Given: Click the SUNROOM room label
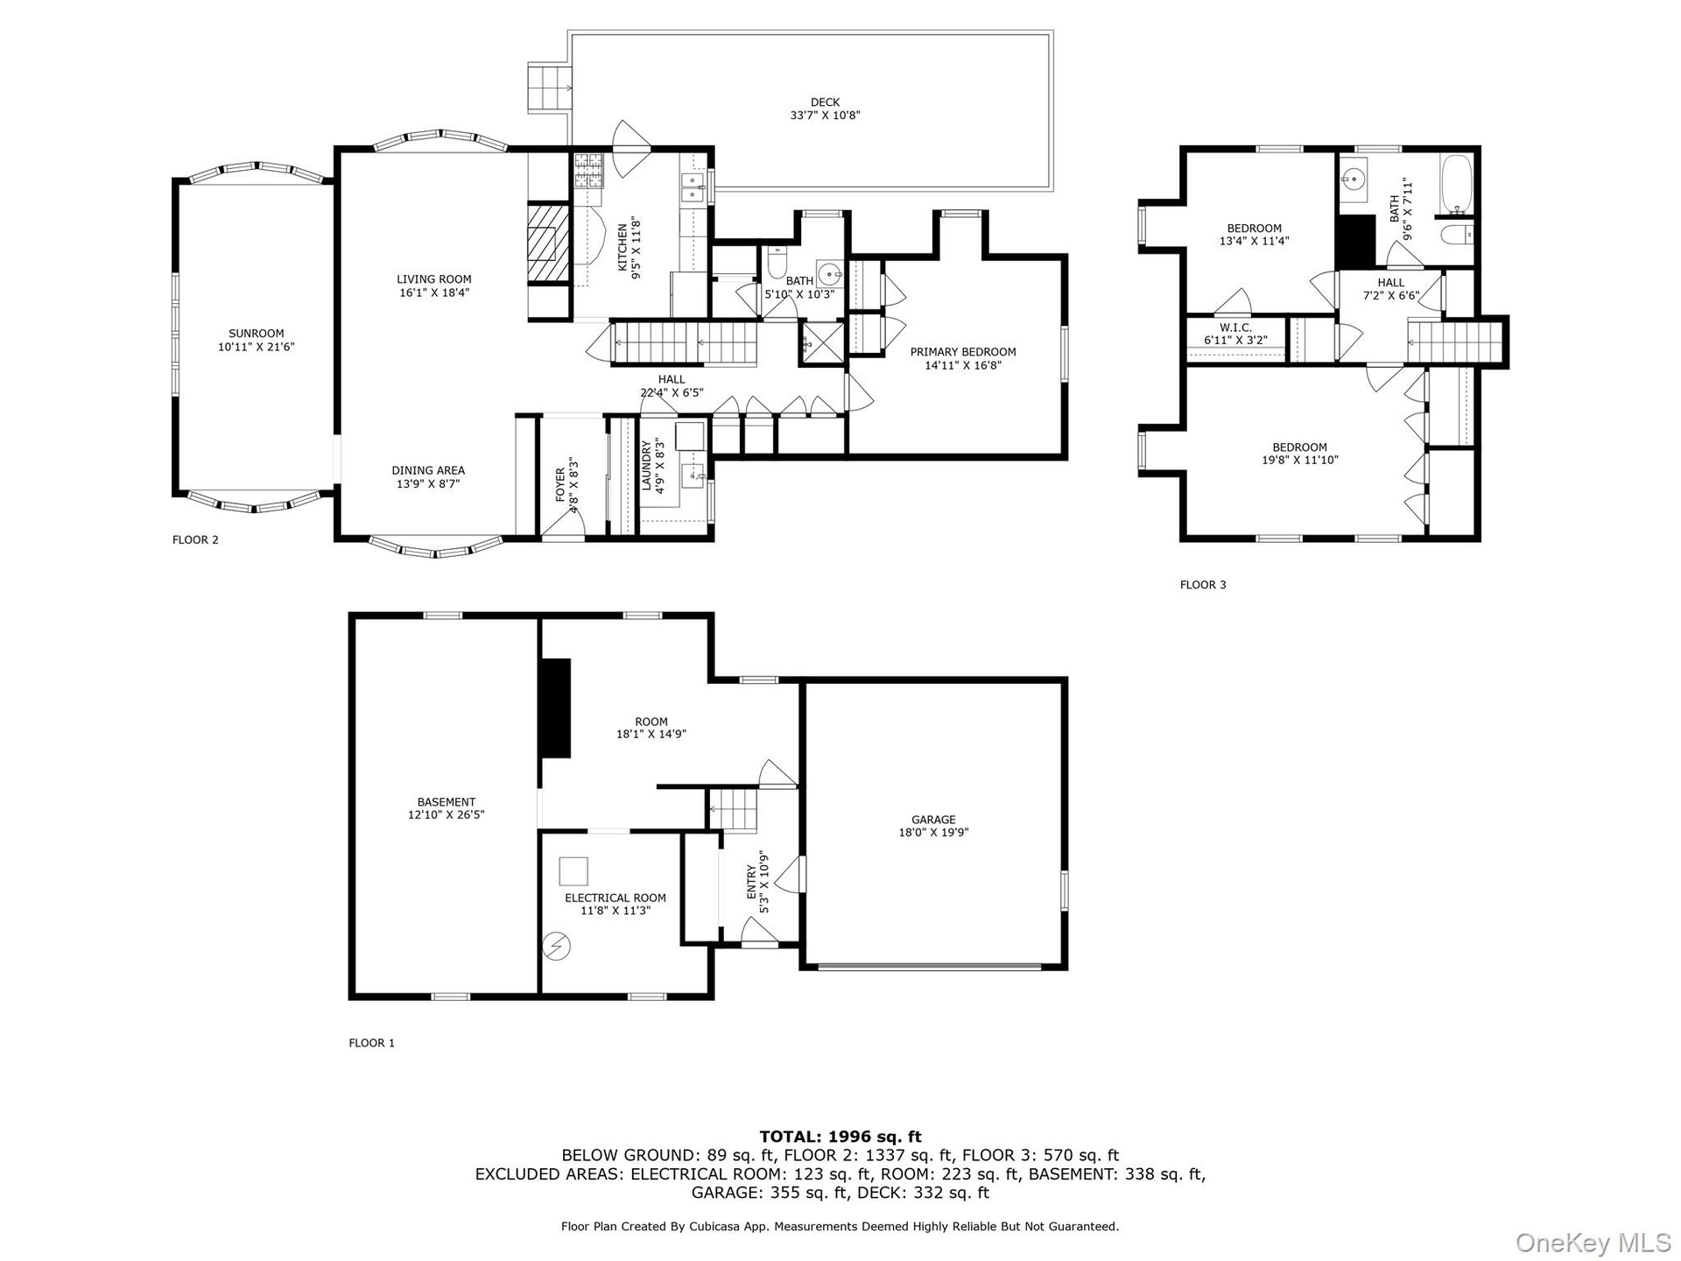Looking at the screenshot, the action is [x=257, y=334].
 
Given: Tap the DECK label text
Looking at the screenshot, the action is [x=826, y=102].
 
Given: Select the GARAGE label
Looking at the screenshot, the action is [x=933, y=821].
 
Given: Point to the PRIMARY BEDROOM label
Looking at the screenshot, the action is [x=963, y=352].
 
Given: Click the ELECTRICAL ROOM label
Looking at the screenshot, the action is [x=615, y=898].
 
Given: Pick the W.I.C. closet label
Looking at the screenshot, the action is [x=1235, y=328].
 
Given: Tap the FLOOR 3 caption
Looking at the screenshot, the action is [x=1203, y=585].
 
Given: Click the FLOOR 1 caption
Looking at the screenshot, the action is [x=372, y=1043].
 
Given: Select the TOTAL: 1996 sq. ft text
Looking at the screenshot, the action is [x=840, y=1137].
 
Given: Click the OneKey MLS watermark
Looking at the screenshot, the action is [x=1593, y=1242].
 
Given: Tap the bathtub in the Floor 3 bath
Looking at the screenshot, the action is [x=1457, y=185].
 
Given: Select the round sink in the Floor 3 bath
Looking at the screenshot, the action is [x=1354, y=180].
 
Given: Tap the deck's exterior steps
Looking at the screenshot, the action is [x=549, y=88].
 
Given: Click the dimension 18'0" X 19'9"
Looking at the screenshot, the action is [x=933, y=833].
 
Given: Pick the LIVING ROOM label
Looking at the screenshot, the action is [x=434, y=280].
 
